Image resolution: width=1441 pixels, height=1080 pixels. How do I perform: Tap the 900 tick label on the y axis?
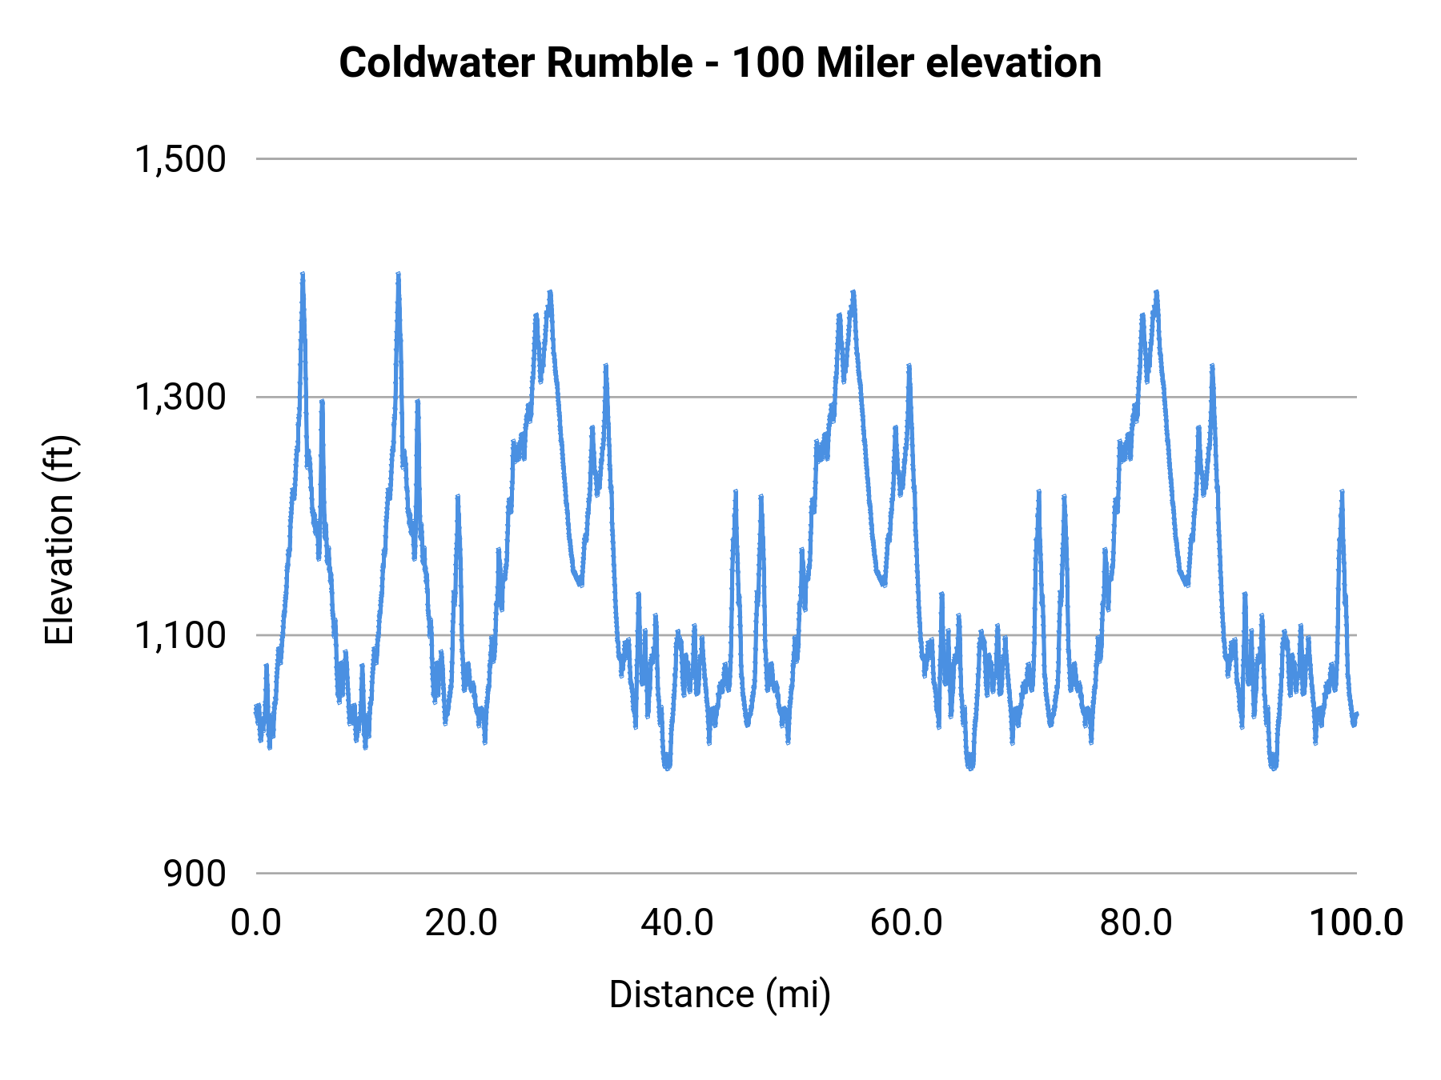coord(195,873)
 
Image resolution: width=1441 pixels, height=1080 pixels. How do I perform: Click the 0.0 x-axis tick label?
coord(256,922)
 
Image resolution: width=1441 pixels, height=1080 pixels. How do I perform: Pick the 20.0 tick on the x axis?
coord(461,922)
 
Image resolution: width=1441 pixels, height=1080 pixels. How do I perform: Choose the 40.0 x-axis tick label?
coord(677,922)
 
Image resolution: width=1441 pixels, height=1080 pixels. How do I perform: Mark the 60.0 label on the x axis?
coord(906,922)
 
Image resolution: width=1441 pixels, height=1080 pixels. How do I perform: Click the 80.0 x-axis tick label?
coord(1136,922)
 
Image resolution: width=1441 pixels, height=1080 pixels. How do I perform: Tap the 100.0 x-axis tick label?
coord(1355,922)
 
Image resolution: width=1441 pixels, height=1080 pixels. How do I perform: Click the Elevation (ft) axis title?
coord(59,540)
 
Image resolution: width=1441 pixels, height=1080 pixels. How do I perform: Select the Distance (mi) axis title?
coord(720,994)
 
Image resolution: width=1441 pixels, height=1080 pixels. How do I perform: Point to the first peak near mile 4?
coord(303,275)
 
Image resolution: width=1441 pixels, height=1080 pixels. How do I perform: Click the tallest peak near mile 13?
coord(398,275)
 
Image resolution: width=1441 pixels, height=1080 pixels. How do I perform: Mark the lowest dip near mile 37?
coord(667,766)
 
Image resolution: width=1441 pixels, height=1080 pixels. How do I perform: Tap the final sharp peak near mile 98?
coord(1342,492)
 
